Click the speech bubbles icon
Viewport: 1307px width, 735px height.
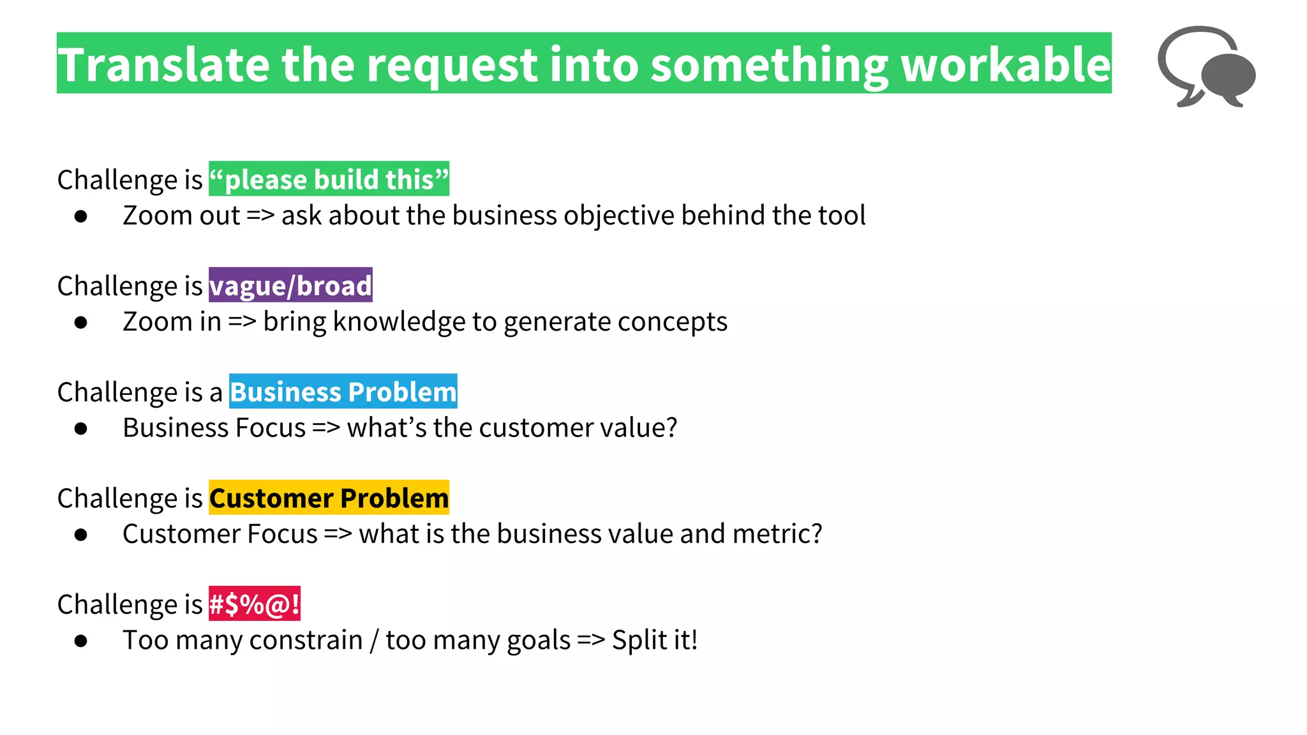pos(1206,67)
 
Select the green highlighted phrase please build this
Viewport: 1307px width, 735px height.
pos(329,179)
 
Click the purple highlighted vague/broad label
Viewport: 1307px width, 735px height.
pos(290,285)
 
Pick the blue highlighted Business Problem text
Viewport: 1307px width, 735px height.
pos(343,392)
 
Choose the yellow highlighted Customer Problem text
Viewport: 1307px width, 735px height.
pos(329,498)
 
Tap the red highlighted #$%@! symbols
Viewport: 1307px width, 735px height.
pos(254,604)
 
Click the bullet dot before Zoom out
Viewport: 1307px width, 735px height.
pos(80,217)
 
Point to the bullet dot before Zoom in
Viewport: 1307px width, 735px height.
pos(80,323)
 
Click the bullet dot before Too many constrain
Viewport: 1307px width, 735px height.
pos(80,641)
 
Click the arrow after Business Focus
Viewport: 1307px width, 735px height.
pos(326,428)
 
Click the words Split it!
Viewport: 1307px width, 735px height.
pos(654,640)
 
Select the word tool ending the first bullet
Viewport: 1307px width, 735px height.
pos(842,216)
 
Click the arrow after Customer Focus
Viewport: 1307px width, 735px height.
pos(338,534)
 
